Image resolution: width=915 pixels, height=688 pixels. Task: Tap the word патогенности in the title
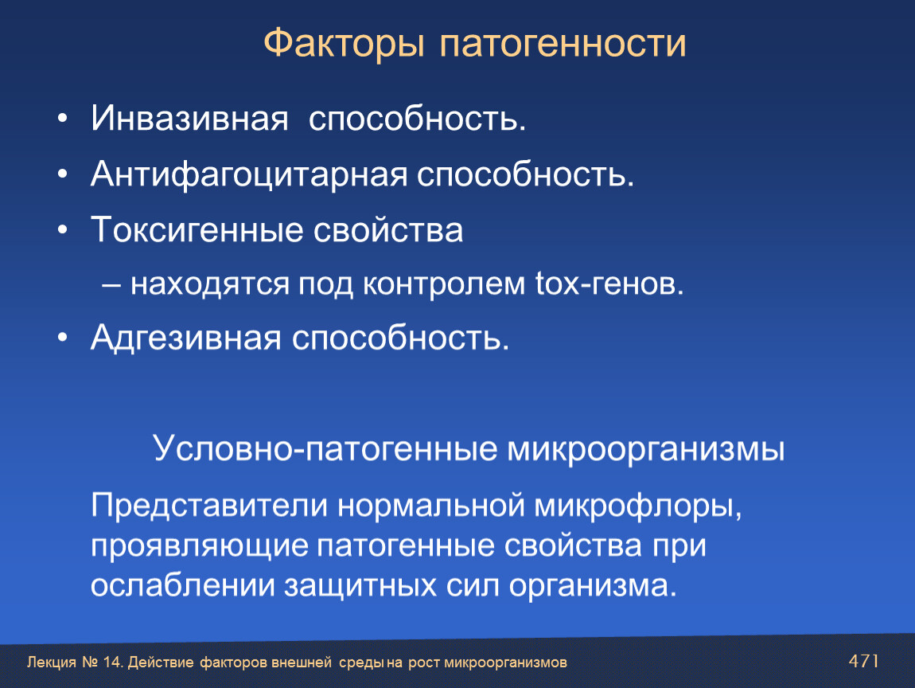click(563, 44)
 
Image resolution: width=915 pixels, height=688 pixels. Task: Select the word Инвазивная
click(189, 118)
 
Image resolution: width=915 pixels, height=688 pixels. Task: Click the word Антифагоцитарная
click(249, 174)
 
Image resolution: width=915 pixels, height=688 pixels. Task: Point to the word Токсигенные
click(197, 229)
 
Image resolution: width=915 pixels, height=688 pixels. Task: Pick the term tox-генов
click(609, 283)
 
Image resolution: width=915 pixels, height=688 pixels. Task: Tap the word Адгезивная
click(186, 338)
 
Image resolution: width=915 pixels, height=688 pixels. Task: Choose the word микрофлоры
click(638, 506)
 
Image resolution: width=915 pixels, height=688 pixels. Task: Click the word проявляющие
click(200, 546)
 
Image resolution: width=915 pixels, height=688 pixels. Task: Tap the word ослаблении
click(183, 584)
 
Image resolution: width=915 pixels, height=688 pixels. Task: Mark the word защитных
click(360, 586)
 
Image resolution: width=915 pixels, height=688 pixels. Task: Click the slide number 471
click(863, 661)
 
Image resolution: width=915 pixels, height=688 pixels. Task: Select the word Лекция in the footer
click(52, 663)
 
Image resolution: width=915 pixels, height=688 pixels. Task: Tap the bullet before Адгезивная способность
click(63, 338)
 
